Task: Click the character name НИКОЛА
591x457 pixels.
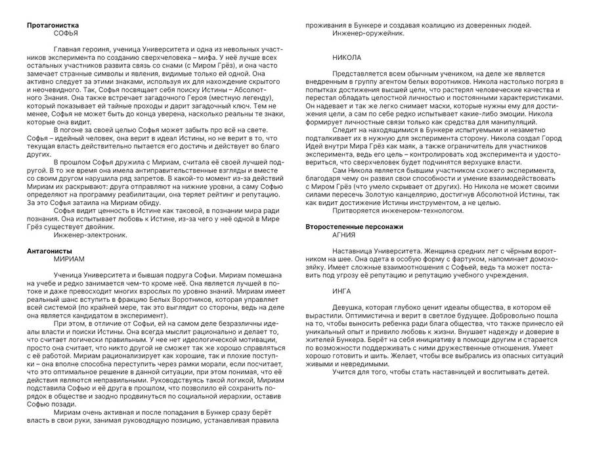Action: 347,58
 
